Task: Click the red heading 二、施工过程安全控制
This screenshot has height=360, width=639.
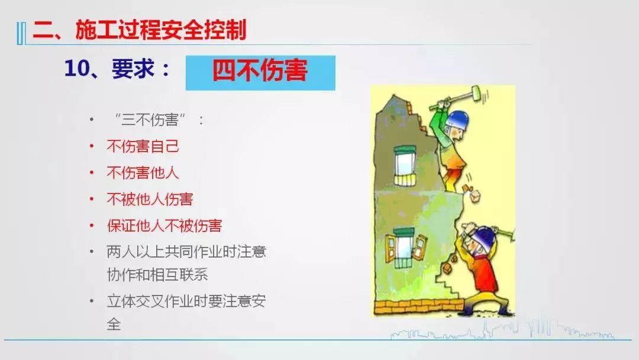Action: [140, 30]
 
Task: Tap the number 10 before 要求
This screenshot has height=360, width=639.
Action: [76, 68]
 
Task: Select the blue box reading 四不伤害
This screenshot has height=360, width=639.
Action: [260, 73]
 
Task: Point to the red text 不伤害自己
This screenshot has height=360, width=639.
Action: [143, 146]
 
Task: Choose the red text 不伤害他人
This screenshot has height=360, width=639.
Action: [143, 173]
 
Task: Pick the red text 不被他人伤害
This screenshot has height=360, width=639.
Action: [150, 200]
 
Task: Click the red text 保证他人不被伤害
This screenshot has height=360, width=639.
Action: [164, 226]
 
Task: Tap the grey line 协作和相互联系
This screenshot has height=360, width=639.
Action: [157, 274]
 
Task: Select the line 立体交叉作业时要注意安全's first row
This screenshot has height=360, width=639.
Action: [186, 301]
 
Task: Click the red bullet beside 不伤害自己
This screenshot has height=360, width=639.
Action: [92, 146]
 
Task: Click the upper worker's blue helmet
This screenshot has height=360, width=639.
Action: [457, 120]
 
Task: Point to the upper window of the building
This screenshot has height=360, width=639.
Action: [405, 165]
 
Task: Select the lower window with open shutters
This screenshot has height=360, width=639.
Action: [406, 247]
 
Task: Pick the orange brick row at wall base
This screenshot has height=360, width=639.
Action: [419, 307]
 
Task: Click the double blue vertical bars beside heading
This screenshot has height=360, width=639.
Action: [21, 33]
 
